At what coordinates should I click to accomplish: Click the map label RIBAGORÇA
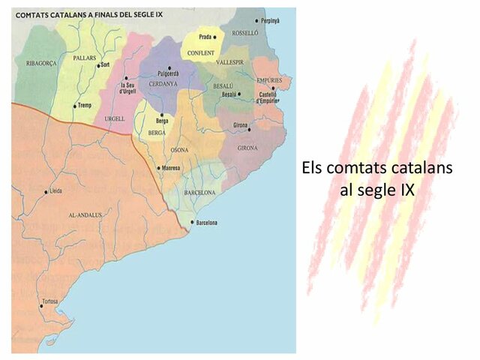point(37,63)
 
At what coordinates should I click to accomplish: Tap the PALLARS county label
point(85,57)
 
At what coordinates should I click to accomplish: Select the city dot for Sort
point(97,66)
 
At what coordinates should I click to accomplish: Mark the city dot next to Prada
point(215,37)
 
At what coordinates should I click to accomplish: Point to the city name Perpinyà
point(270,21)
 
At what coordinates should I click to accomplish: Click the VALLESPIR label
point(230,62)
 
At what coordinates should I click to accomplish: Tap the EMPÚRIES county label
point(268,79)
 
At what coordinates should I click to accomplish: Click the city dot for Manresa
point(157,168)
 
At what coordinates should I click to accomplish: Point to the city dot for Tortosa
point(41,306)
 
